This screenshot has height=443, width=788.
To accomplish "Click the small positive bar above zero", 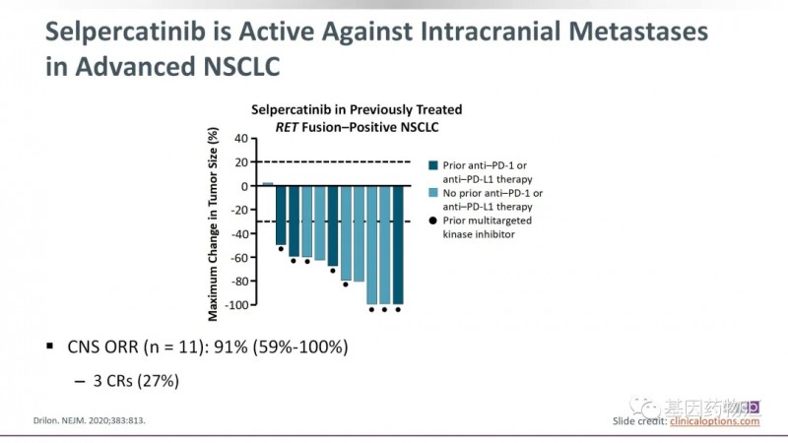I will click(267, 183).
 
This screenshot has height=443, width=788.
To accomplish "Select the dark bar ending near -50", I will click(281, 215).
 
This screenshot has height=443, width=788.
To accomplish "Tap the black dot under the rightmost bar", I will click(398, 310).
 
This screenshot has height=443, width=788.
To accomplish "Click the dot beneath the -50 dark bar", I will click(281, 250).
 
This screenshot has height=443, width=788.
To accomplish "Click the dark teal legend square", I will click(432, 165).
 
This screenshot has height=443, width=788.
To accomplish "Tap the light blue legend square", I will click(432, 194).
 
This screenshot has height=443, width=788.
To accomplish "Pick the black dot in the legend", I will click(432, 221).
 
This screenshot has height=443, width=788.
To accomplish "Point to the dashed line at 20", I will click(335, 161).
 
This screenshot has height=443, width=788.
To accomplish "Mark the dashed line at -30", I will click(335, 221).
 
